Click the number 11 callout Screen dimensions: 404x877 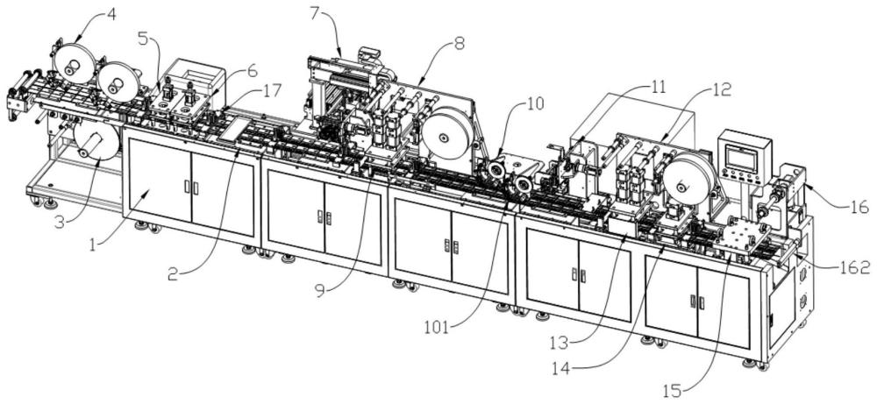[x=658, y=86]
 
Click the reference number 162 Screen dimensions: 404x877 [x=854, y=267]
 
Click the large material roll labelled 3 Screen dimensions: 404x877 [x=96, y=141]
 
